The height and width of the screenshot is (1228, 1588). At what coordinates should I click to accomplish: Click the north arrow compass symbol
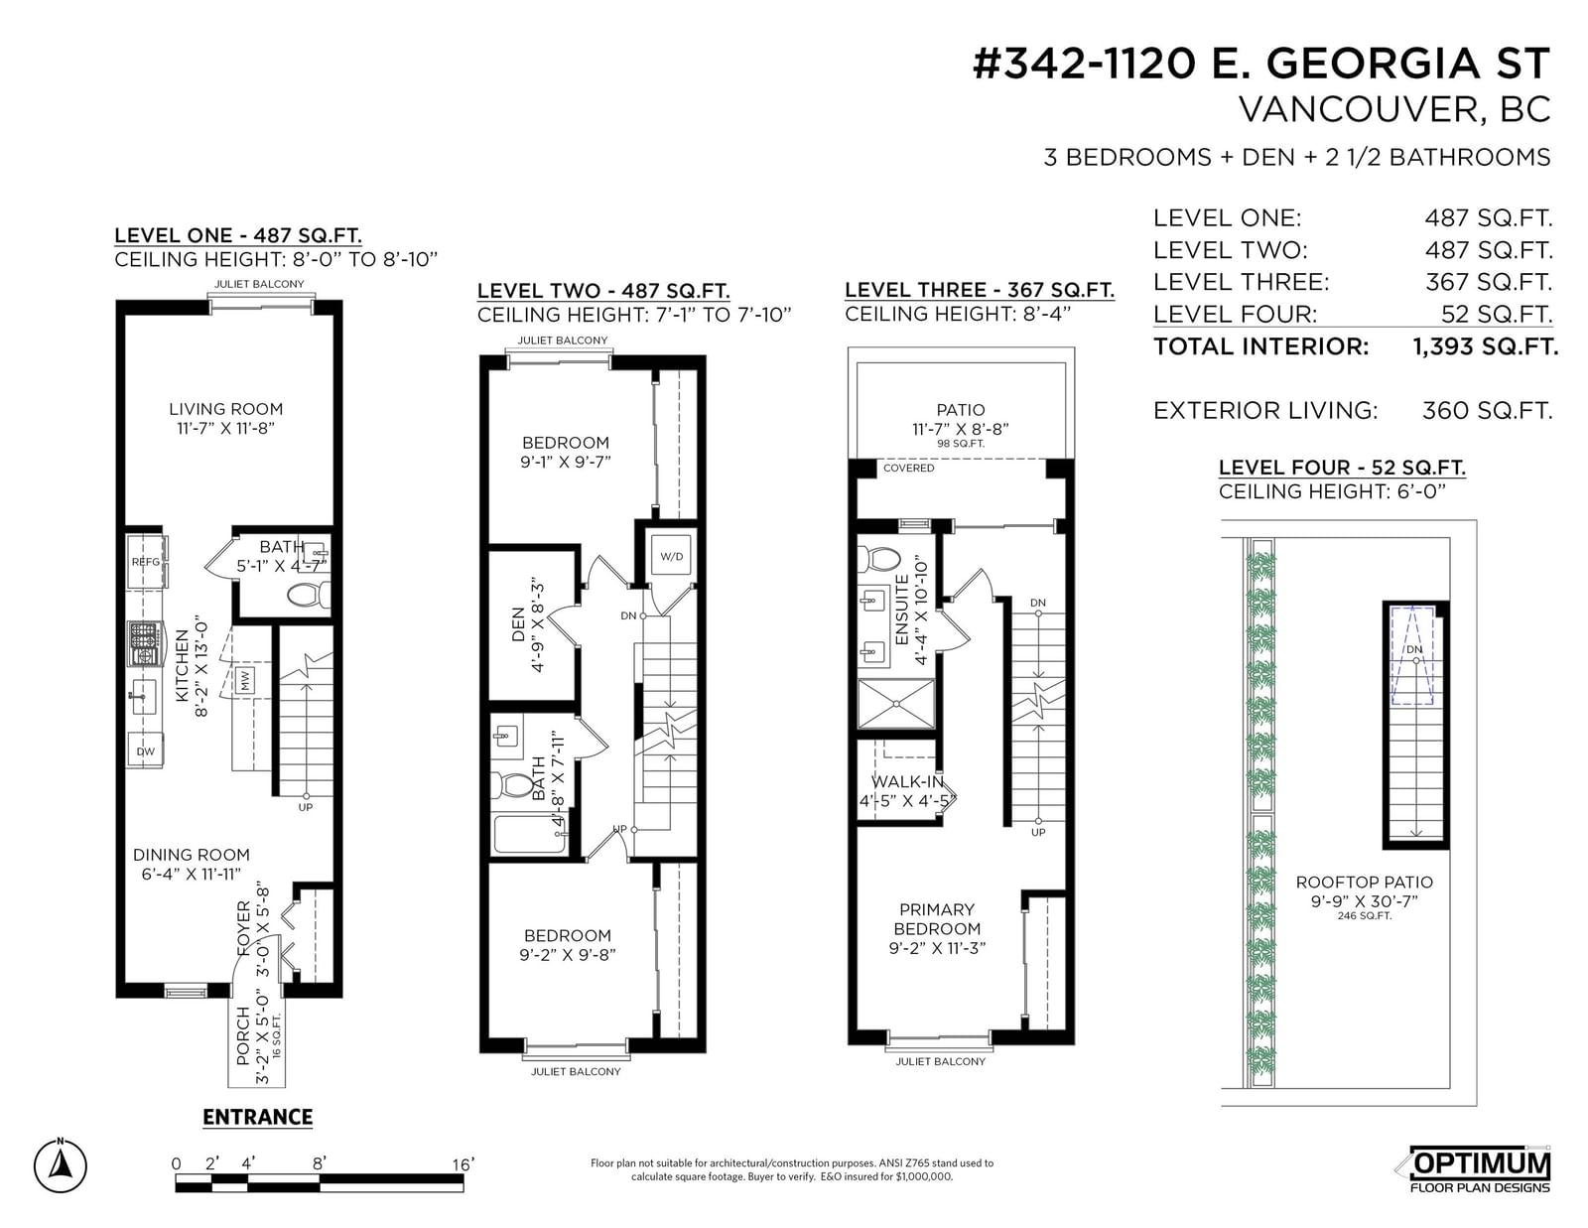61,1165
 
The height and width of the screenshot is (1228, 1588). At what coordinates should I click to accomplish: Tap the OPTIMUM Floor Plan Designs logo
1479,1169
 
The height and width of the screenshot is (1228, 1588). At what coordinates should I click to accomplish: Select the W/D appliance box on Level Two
672,556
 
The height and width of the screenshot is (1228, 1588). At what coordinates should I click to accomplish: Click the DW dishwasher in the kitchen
146,750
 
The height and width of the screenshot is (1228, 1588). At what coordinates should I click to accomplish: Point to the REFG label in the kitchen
146,561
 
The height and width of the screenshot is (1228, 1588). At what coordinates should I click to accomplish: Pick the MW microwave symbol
245,681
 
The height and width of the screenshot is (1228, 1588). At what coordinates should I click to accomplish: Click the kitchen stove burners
144,643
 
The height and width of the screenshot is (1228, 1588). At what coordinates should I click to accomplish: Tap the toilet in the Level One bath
309,595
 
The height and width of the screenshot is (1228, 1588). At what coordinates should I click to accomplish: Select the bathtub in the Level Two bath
530,833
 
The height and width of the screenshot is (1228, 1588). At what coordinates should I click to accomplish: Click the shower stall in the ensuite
896,704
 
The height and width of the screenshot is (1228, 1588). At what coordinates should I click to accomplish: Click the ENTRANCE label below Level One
257,1117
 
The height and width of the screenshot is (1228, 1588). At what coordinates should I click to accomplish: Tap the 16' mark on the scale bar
463,1163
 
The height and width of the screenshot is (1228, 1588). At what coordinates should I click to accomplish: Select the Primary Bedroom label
937,919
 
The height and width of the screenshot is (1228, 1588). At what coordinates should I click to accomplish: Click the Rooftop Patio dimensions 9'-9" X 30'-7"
1365,901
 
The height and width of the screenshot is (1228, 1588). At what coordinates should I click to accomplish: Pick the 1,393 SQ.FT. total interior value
1485,346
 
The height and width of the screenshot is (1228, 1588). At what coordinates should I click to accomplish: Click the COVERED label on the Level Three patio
908,468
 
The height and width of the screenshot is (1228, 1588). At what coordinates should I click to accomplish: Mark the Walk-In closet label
907,782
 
